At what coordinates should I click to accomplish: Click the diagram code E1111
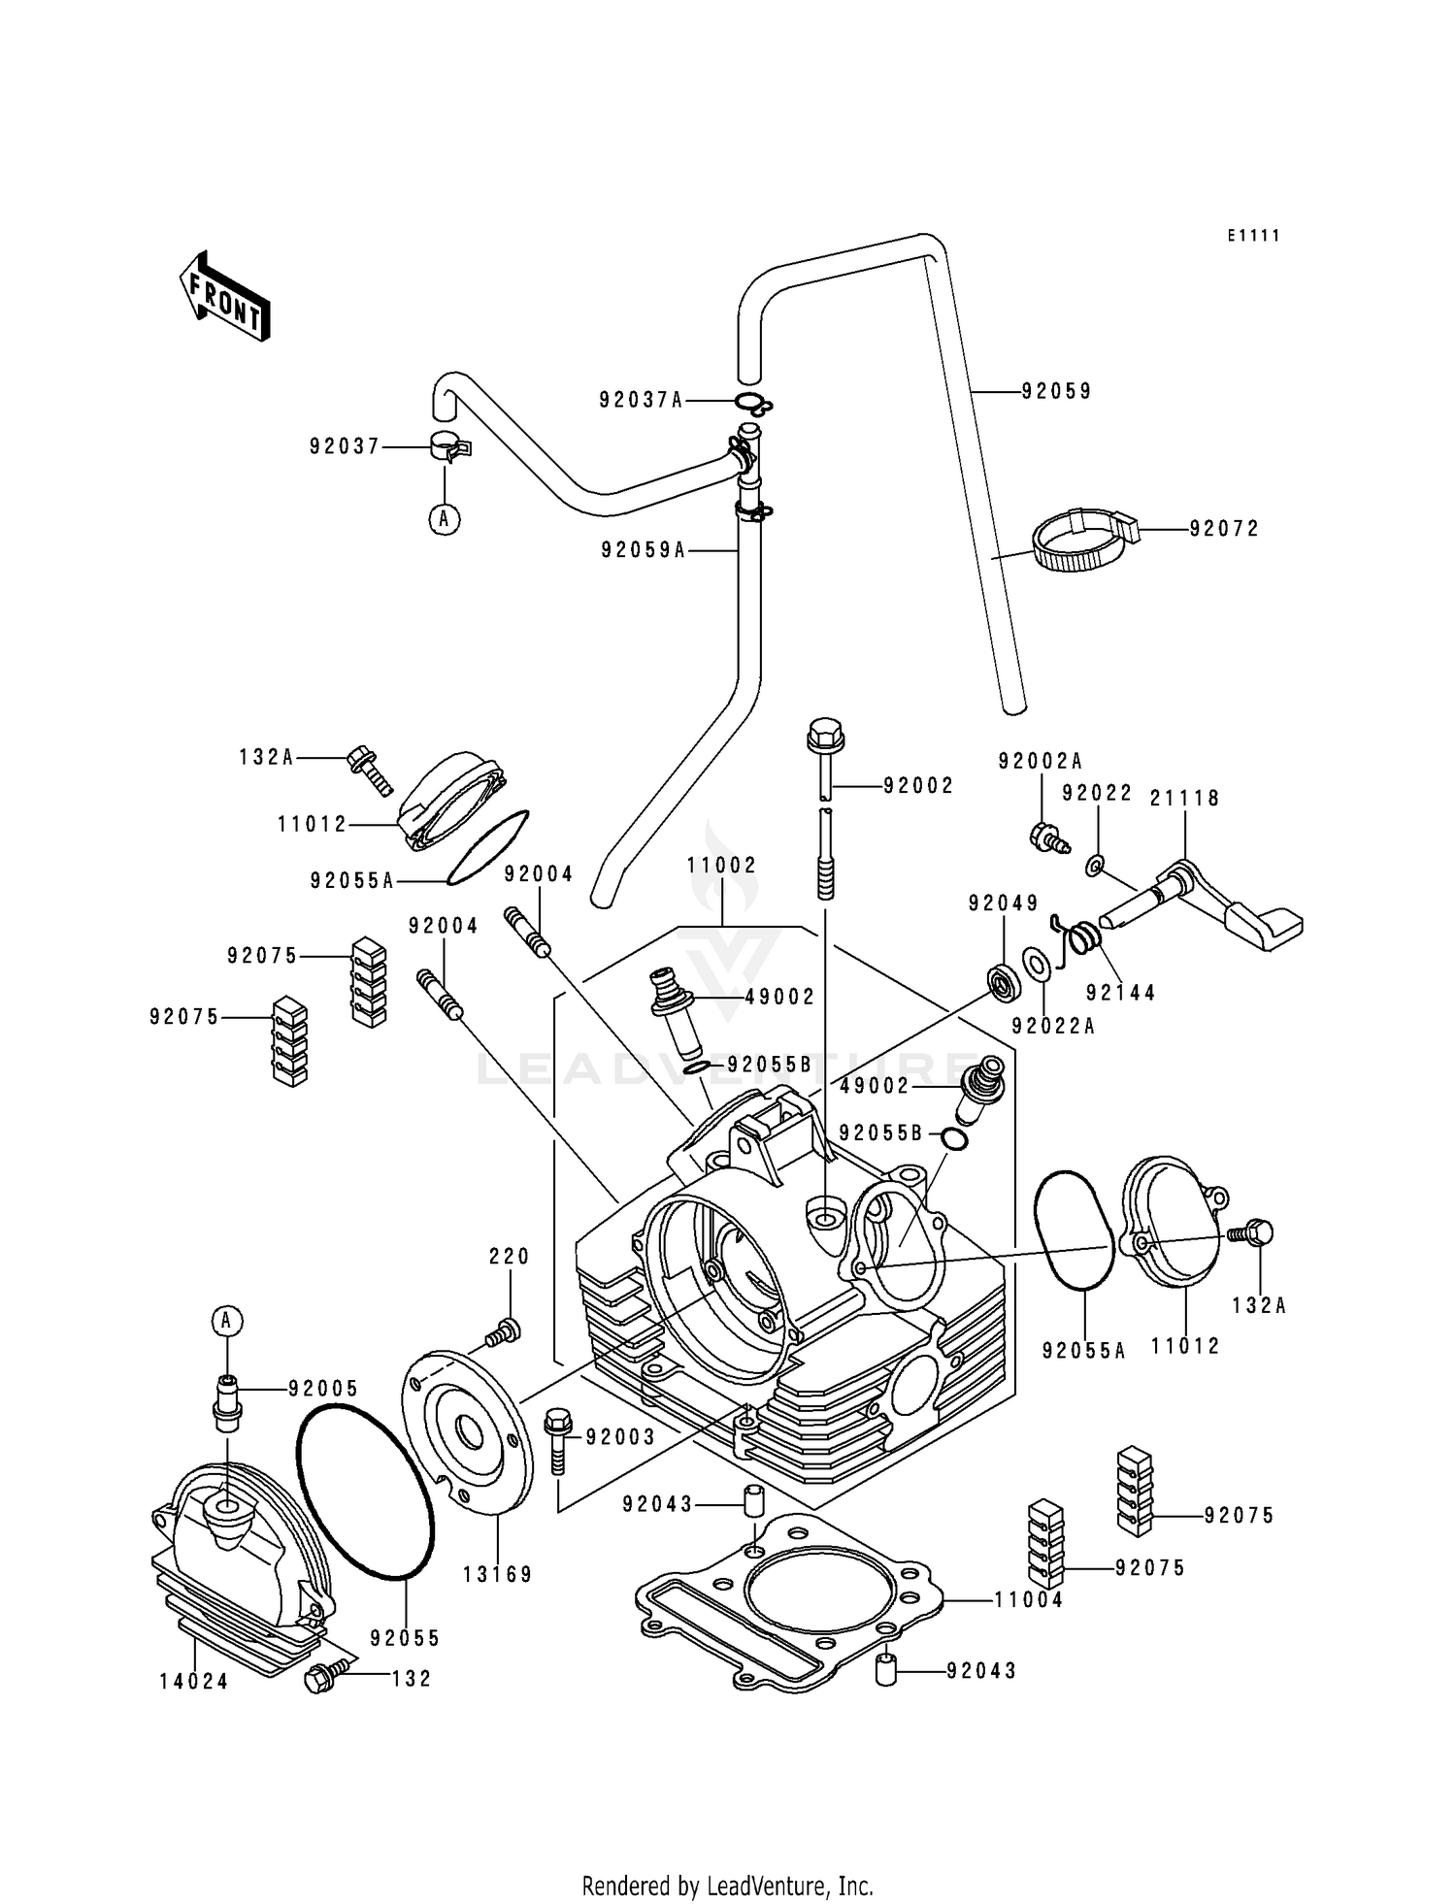(x=1252, y=236)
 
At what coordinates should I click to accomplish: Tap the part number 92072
(x=1224, y=529)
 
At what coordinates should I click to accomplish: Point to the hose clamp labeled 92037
(x=449, y=448)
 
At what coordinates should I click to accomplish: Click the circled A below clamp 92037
(x=445, y=519)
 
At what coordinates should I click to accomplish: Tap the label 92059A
(x=643, y=550)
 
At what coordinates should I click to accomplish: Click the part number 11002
(x=721, y=865)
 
